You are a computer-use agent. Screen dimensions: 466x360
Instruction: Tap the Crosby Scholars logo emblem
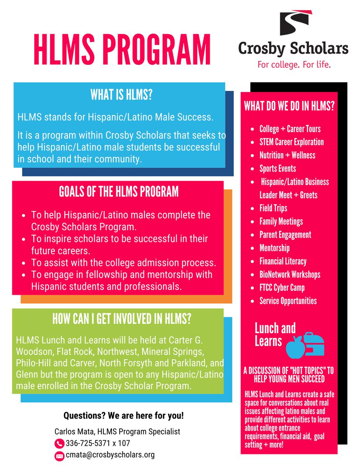[x=293, y=26]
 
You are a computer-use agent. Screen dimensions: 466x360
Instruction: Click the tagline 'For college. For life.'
[x=294, y=64]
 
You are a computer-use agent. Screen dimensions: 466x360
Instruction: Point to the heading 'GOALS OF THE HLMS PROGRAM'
[x=119, y=192]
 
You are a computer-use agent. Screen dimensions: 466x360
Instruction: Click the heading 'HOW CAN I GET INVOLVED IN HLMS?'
[x=122, y=319]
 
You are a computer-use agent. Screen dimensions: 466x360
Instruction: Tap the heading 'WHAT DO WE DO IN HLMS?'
[x=289, y=106]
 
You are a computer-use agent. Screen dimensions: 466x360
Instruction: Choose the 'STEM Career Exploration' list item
[x=291, y=142]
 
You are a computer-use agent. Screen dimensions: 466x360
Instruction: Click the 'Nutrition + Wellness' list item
[x=287, y=155]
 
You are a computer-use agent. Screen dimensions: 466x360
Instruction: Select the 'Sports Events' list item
[x=277, y=169]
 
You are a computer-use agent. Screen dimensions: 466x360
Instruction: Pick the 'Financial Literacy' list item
[x=283, y=261]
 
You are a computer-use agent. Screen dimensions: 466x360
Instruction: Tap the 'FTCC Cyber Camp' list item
[x=282, y=288]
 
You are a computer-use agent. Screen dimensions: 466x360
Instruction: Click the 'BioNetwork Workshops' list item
[x=290, y=275]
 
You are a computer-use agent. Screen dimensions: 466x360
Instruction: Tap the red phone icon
[x=59, y=443]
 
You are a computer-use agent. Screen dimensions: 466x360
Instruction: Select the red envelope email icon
[x=59, y=456]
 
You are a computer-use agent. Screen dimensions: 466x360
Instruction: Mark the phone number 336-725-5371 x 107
[x=97, y=443]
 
